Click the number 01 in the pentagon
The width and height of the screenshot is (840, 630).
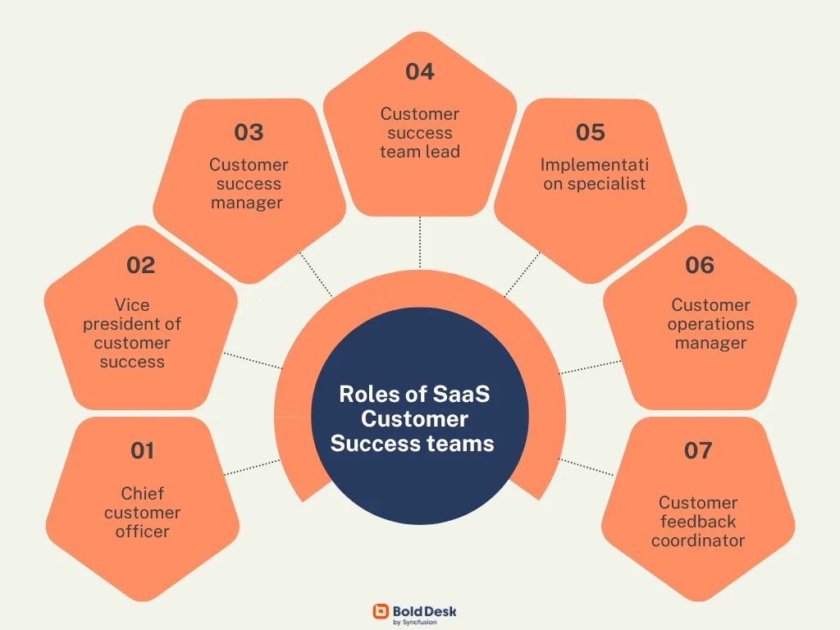pyautogui.click(x=142, y=450)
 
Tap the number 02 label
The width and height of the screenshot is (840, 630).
pyautogui.click(x=140, y=265)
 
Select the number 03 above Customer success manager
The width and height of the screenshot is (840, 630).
pyautogui.click(x=249, y=132)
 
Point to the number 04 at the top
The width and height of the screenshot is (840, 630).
pyautogui.click(x=419, y=71)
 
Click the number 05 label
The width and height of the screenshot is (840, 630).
pyautogui.click(x=590, y=132)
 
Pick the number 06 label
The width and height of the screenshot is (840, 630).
pyautogui.click(x=700, y=265)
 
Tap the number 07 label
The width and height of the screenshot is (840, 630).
pyautogui.click(x=698, y=450)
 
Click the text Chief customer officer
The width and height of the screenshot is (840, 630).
pyautogui.click(x=142, y=513)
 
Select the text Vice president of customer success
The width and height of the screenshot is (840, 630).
pyautogui.click(x=132, y=334)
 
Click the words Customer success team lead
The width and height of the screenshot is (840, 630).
pyautogui.click(x=419, y=133)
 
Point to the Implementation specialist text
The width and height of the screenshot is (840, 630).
pyautogui.click(x=594, y=174)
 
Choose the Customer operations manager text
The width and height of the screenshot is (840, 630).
pyautogui.click(x=710, y=324)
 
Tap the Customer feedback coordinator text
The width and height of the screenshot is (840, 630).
pyautogui.click(x=698, y=522)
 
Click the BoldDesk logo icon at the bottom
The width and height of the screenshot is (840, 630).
pyautogui.click(x=381, y=611)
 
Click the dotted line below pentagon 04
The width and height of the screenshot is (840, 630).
pyautogui.click(x=420, y=242)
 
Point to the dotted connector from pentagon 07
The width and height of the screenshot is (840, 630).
pyautogui.click(x=587, y=466)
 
